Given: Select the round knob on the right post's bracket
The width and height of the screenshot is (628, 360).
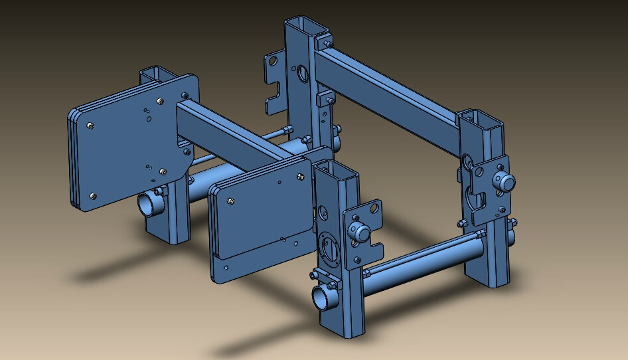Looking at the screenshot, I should pos(505,181).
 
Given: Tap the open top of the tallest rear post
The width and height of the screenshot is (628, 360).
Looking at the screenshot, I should pos(306,27).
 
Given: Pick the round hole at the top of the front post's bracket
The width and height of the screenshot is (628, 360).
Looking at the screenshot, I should pos(375,209).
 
